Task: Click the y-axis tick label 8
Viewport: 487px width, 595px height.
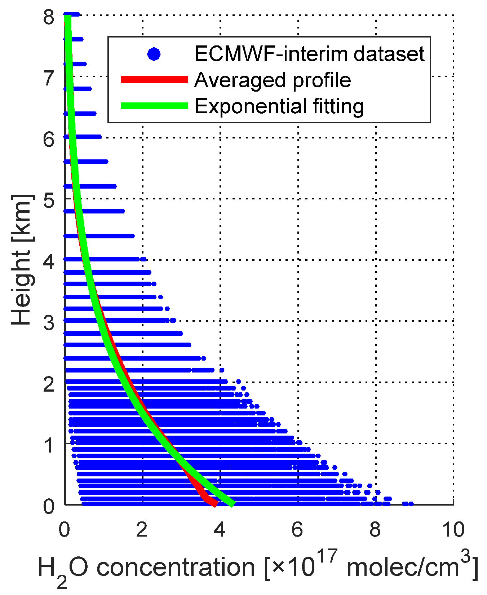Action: pos(49,17)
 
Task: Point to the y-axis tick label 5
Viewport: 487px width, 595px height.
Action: pos(49,200)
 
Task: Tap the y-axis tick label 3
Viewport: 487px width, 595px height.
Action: pos(49,323)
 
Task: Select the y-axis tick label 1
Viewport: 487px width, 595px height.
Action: pos(49,445)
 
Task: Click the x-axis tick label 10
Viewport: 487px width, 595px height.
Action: pos(453,530)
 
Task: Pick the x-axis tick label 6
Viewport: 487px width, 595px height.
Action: pos(297,530)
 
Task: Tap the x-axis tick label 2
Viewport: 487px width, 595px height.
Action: pos(142,530)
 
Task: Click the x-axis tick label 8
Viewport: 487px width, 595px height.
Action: pos(375,530)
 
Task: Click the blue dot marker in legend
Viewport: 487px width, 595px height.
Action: pos(154,54)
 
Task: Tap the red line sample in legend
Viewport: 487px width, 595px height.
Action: pos(154,80)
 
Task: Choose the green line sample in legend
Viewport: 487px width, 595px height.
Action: pos(154,106)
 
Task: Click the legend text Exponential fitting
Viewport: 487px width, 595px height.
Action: pos(279,106)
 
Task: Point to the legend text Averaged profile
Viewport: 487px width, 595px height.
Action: pos(273,80)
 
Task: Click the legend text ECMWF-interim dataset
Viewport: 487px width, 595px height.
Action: pos(309,54)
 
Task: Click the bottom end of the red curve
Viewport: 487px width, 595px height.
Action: pos(215,504)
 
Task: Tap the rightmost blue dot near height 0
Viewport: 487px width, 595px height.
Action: pos(411,504)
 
